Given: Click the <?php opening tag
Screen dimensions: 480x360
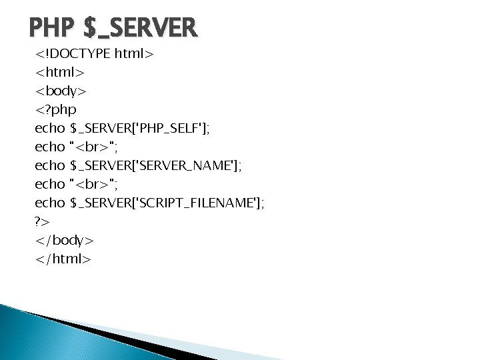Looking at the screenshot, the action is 56,107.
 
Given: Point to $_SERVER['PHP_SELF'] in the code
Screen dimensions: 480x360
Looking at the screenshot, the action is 139,125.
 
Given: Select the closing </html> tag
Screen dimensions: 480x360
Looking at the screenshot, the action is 63,256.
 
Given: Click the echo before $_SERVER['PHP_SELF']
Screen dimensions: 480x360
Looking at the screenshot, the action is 50,125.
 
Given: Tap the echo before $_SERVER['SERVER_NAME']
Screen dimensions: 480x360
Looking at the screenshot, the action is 50,163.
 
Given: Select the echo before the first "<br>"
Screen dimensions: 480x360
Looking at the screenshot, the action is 50,144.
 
